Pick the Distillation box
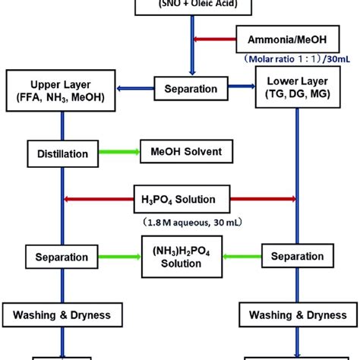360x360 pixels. [62, 153]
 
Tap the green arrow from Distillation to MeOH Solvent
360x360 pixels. [118, 153]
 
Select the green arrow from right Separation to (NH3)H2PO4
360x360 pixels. [236, 257]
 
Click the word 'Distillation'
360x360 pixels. [62, 153]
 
